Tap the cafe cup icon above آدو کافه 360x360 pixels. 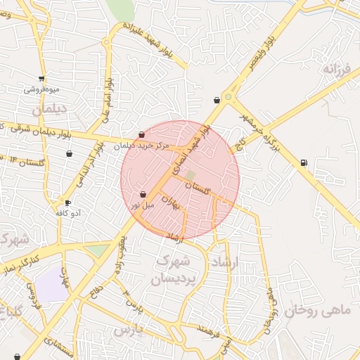click(x=67, y=202)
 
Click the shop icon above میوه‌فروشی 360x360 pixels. click(x=42, y=78)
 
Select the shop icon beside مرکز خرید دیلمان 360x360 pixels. click(x=141, y=134)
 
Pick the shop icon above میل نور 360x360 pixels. click(x=143, y=194)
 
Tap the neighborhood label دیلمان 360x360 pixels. click(x=49, y=110)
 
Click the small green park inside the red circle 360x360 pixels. click(x=191, y=175)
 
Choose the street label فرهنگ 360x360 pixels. click(x=210, y=329)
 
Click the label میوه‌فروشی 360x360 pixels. click(x=42, y=89)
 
